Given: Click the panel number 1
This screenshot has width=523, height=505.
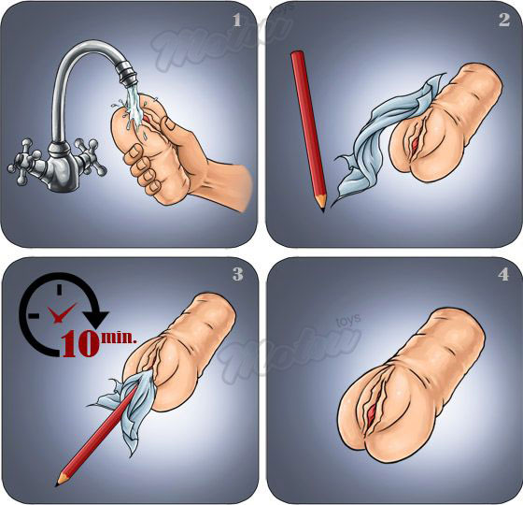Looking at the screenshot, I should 237,20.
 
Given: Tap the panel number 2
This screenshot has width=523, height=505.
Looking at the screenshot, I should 503,20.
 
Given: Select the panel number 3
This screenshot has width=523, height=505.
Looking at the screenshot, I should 237,274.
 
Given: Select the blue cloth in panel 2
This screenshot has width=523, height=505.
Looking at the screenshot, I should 374,150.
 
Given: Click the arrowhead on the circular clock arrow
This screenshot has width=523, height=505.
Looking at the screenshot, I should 97,319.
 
